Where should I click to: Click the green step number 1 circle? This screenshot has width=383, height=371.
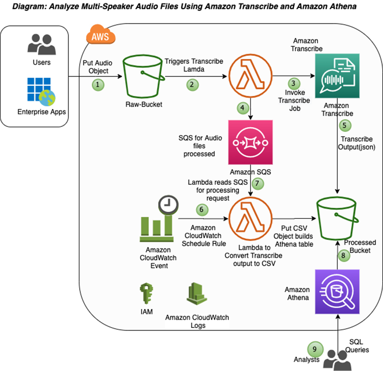click(98, 84)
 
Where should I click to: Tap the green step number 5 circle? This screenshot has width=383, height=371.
click(345, 126)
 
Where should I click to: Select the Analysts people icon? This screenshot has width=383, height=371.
click(337, 360)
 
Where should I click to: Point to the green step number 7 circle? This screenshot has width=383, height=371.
click(257, 184)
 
